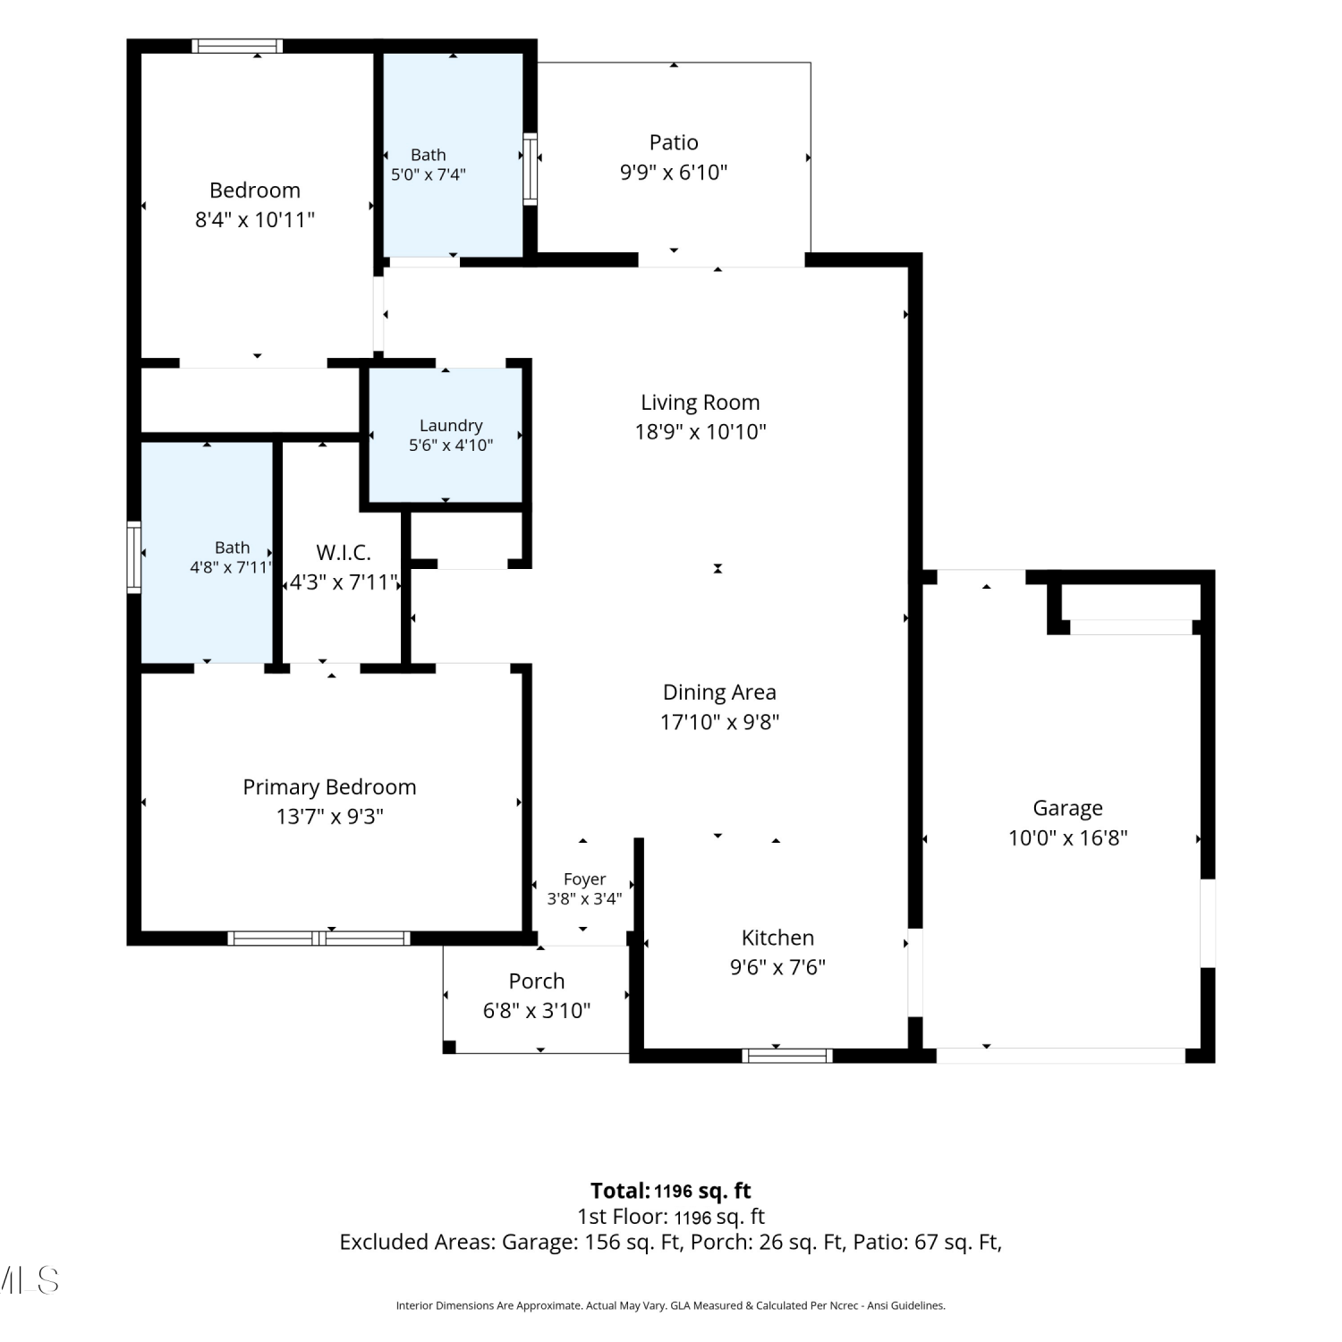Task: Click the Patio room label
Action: (674, 142)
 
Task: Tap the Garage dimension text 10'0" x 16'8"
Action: (1067, 838)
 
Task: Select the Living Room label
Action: (701, 403)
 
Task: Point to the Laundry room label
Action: (451, 426)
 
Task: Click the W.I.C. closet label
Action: (344, 553)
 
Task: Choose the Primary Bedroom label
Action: (330, 787)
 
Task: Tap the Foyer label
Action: (585, 879)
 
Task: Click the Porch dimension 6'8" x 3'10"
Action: (537, 1011)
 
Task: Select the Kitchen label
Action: (778, 938)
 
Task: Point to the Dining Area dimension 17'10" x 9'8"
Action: (720, 722)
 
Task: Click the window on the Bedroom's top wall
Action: (238, 46)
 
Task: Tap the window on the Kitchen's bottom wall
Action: (787, 1056)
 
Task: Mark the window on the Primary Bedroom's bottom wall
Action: (319, 939)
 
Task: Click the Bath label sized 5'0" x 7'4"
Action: (429, 155)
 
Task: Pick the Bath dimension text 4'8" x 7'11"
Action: (230, 567)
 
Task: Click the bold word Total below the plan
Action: (620, 1191)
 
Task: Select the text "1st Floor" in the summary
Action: (622, 1217)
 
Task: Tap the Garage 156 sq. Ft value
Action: (633, 1242)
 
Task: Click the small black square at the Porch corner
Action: (450, 1047)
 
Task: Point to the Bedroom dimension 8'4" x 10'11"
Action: (255, 220)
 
